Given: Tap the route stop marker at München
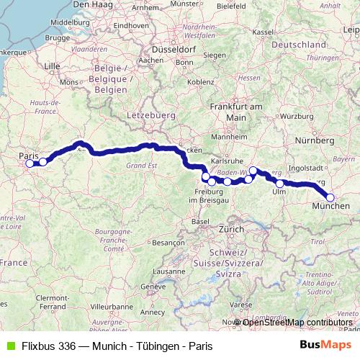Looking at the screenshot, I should pos(330,197).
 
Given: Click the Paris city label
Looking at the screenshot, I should pos(28,154).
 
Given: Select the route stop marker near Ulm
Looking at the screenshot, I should pos(280,184).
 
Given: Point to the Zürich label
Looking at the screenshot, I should pos(232,228).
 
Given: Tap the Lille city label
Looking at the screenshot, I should pos(52,66).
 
